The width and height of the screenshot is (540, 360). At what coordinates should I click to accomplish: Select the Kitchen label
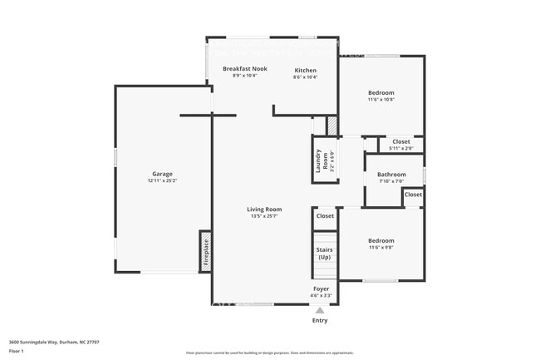[x=305, y=70]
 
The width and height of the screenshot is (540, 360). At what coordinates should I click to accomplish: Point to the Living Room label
[x=264, y=209]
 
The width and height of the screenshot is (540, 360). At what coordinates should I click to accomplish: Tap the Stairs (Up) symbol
[x=324, y=254]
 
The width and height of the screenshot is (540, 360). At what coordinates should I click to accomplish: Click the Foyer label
[x=321, y=289]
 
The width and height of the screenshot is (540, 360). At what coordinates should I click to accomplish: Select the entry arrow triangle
[x=320, y=310]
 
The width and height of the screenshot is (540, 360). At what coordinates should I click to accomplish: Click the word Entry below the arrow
[x=320, y=320]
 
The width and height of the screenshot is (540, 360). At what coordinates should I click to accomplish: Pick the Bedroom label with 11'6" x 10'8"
[x=381, y=92]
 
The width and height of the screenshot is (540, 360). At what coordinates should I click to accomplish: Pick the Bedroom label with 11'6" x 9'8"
[x=381, y=240]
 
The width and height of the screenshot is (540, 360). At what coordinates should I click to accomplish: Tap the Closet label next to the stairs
[x=325, y=216]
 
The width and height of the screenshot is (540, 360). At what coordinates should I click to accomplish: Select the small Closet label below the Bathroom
[x=413, y=195]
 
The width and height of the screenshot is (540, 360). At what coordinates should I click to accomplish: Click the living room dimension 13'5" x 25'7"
[x=264, y=215]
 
